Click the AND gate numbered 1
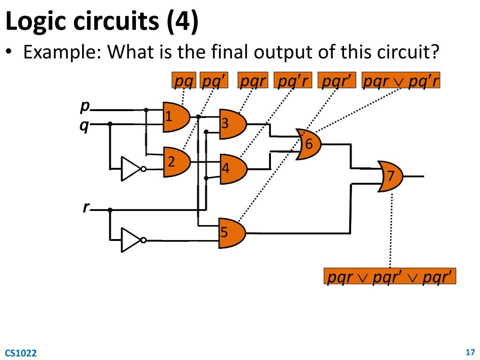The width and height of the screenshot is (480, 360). coord(175,117)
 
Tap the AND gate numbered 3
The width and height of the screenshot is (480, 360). coord(232,124)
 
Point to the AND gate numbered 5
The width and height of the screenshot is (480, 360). coord(232,232)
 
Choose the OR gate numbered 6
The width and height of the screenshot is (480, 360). coord(308,144)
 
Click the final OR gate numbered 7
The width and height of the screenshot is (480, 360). coord(390,176)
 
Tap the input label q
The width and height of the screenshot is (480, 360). coord(84,126)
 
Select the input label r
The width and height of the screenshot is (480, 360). coord(86,207)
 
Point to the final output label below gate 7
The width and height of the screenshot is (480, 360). coord(390,277)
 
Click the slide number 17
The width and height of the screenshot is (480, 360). coord(471,352)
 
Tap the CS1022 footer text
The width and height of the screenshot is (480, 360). coord(21,353)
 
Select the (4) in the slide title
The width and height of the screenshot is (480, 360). coord(182,22)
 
